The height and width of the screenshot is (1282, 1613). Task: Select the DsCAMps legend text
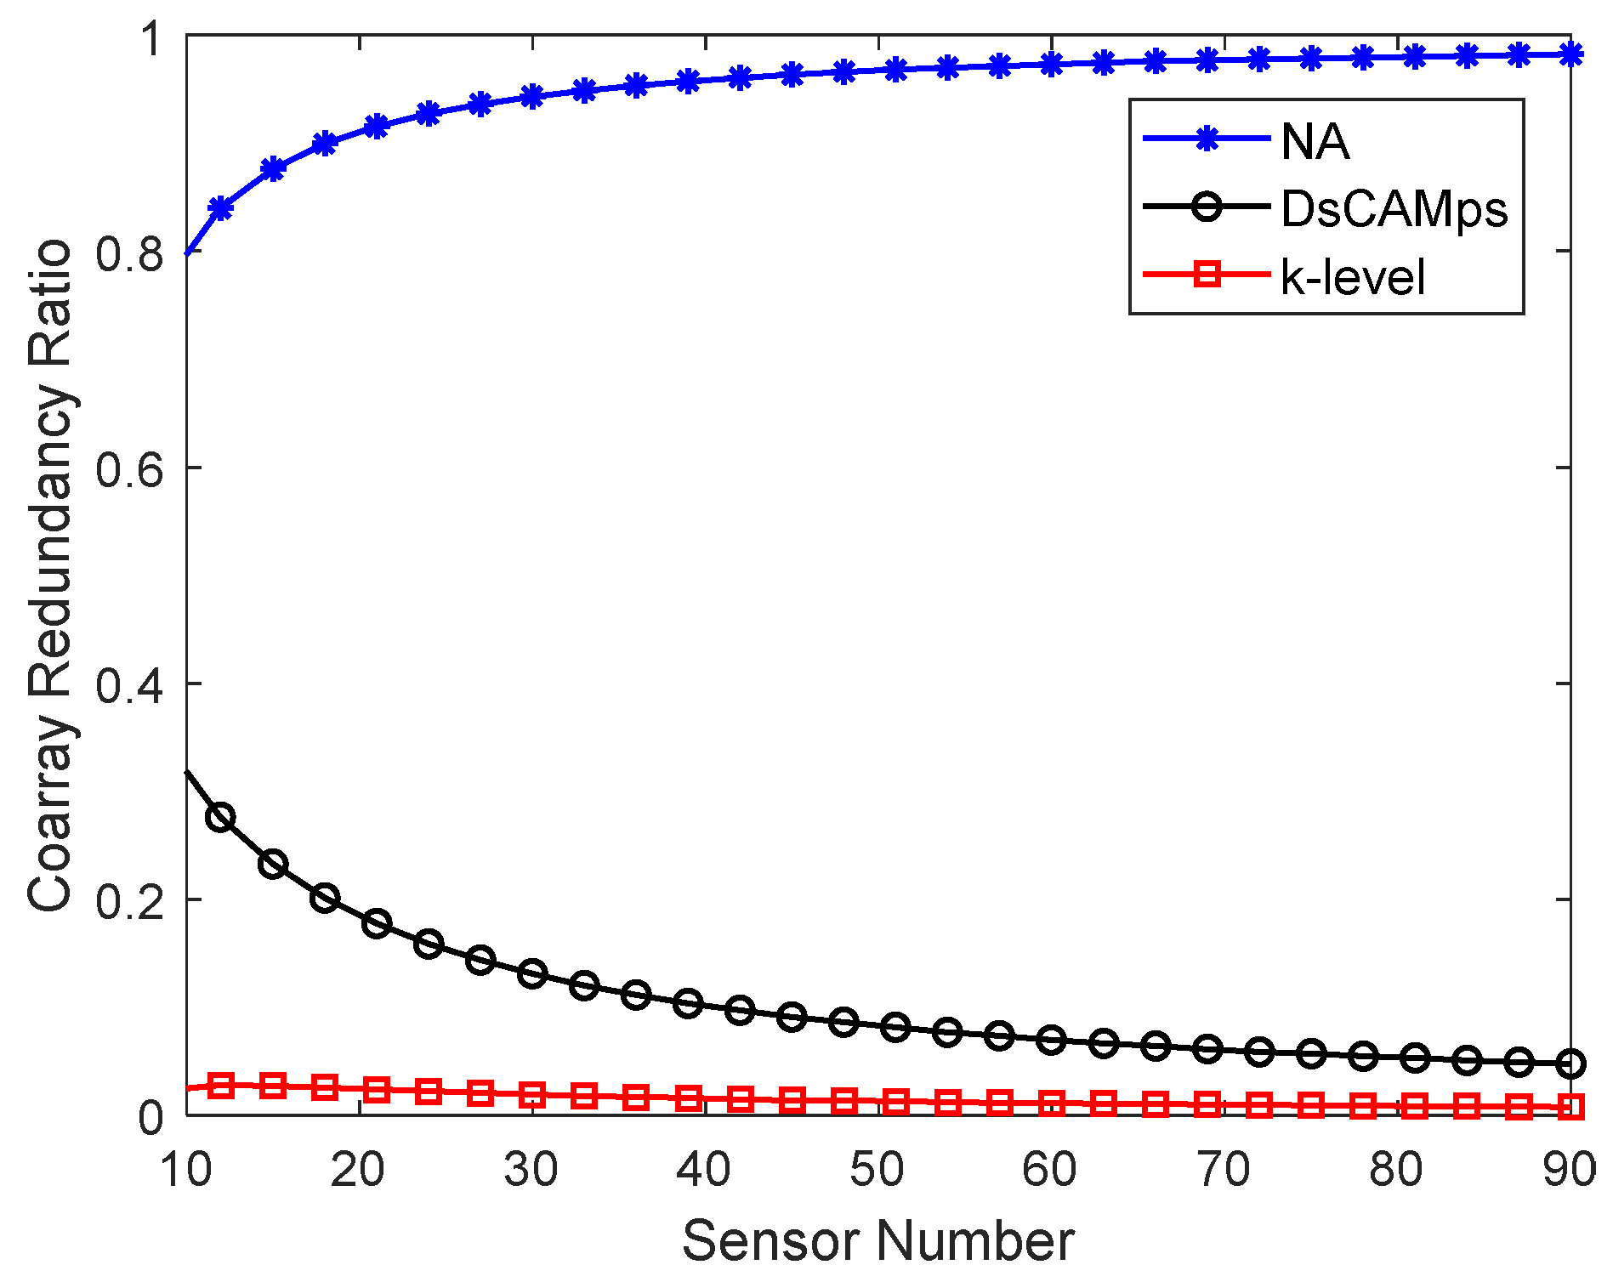coord(1394,209)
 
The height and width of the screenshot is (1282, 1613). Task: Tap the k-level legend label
coord(1352,277)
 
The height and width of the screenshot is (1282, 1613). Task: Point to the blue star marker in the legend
coord(1207,139)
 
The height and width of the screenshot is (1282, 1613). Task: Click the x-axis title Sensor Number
coord(877,1240)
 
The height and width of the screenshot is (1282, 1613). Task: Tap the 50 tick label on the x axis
coord(877,1170)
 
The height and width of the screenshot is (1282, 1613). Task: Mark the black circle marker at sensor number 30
coord(532,973)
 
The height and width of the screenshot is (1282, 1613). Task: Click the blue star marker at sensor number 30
coord(532,96)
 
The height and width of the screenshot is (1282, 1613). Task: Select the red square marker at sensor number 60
coord(1052,1103)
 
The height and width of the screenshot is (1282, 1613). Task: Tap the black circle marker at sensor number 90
coord(1571,1064)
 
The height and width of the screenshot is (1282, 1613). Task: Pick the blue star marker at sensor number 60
coord(1052,64)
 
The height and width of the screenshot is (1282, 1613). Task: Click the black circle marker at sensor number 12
coord(220,818)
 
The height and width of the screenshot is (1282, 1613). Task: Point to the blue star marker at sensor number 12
coord(220,207)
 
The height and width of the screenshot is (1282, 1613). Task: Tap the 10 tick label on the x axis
coord(185,1170)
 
